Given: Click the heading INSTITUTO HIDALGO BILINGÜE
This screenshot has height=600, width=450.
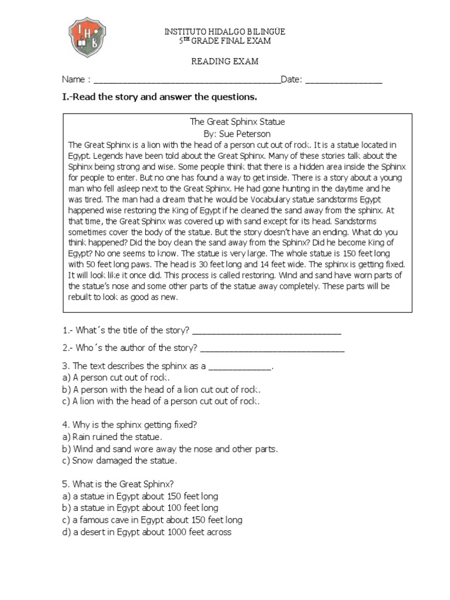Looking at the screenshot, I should click(x=224, y=31).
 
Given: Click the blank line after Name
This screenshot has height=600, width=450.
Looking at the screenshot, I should click(x=187, y=80).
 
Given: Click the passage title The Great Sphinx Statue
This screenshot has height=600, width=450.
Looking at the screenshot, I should click(x=237, y=122).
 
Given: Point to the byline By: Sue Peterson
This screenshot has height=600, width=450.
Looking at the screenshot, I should click(x=237, y=134).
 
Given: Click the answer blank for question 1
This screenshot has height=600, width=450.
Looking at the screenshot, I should click(x=267, y=331).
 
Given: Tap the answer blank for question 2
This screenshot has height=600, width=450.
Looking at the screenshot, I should click(x=272, y=348).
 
